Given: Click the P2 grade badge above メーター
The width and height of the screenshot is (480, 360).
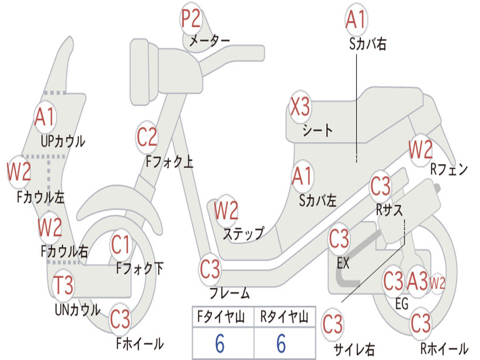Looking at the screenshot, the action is (x=191, y=18).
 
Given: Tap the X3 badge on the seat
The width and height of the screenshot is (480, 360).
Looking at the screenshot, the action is (x=300, y=107).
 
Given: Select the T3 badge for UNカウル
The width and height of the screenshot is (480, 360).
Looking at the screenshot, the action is (x=63, y=285).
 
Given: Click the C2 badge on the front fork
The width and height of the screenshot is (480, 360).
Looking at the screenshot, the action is (x=147, y=137).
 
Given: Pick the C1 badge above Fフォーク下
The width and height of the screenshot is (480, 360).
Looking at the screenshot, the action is (x=120, y=245).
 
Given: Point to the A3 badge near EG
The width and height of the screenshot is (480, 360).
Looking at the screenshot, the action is (x=417, y=281).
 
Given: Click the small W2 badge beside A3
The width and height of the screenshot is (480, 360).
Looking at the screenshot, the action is (x=437, y=283).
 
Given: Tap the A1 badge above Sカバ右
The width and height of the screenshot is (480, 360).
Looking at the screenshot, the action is (x=356, y=19).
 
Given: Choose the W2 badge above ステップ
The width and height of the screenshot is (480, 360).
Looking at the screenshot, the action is (x=226, y=210).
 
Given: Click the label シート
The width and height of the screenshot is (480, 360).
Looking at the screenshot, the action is (x=317, y=131).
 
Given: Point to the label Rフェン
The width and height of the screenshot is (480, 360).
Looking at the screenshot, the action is (x=449, y=169).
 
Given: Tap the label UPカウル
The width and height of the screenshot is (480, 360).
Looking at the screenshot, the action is (x=63, y=142).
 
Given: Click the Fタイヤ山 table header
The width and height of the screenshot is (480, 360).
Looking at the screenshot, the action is (x=221, y=317).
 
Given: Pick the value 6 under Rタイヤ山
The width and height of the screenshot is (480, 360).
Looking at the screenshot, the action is (x=281, y=343).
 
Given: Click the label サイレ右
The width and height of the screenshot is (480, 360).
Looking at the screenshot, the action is (x=354, y=349).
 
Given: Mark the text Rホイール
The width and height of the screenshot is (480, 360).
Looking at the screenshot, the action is (x=444, y=348).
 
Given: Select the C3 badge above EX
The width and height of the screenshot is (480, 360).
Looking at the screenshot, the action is (x=339, y=239).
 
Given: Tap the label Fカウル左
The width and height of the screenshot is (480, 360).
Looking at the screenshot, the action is (x=41, y=197).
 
